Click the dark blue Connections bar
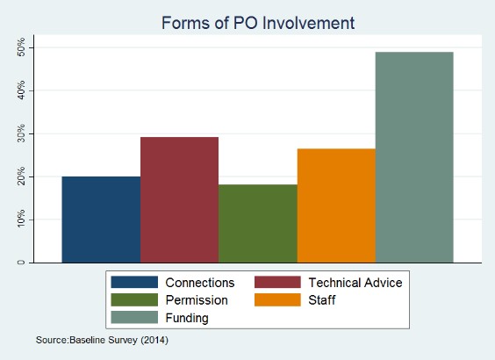tap(101, 220)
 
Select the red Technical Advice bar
tap(179, 200)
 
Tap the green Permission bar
tap(258, 224)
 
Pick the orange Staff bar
tap(336, 205)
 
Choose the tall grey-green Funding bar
tap(414, 157)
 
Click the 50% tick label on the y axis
tap(21, 47)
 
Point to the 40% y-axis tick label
tap(21, 90)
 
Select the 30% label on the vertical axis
tap(21, 133)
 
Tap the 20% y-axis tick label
tap(21, 176)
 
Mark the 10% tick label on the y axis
tap(21, 220)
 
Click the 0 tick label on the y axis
tap(21, 263)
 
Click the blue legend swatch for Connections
tap(134, 282)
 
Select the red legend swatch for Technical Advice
tap(277, 282)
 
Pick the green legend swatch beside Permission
tap(134, 299)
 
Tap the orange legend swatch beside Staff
tap(277, 299)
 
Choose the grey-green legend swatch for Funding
tap(134, 317)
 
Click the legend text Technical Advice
tap(355, 283)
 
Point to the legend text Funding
tap(187, 318)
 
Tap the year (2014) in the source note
tap(154, 340)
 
